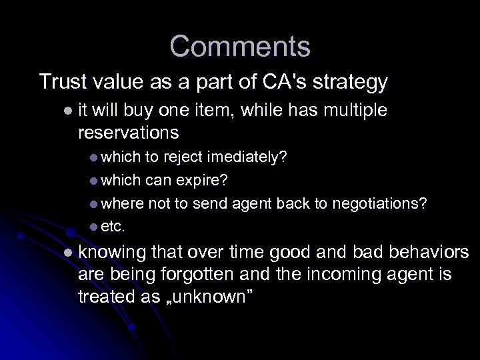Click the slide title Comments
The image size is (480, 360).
[x=239, y=47]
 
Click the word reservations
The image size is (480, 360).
[x=128, y=132]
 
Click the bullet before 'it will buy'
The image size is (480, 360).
[x=67, y=110]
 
